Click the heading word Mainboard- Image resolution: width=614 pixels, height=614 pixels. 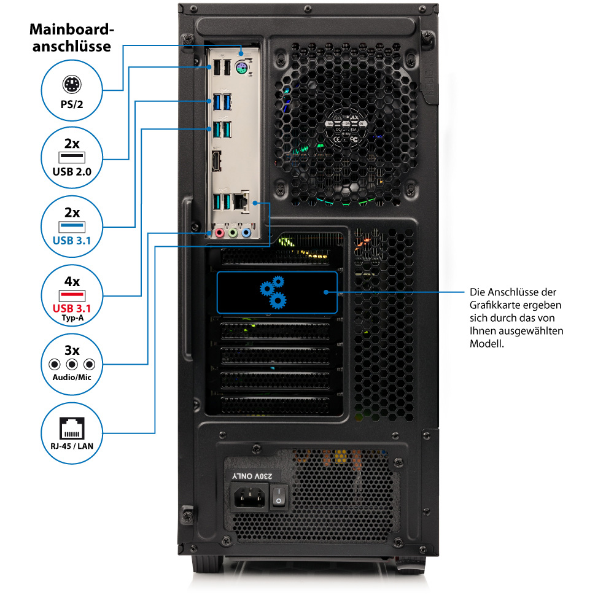click(72, 30)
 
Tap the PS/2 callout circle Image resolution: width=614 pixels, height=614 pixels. click(72, 91)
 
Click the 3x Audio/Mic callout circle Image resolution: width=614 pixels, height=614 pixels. click(72, 362)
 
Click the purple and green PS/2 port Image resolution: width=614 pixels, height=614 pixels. click(241, 69)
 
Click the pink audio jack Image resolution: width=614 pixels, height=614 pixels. click(218, 233)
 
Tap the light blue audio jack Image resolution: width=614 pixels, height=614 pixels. click(246, 233)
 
